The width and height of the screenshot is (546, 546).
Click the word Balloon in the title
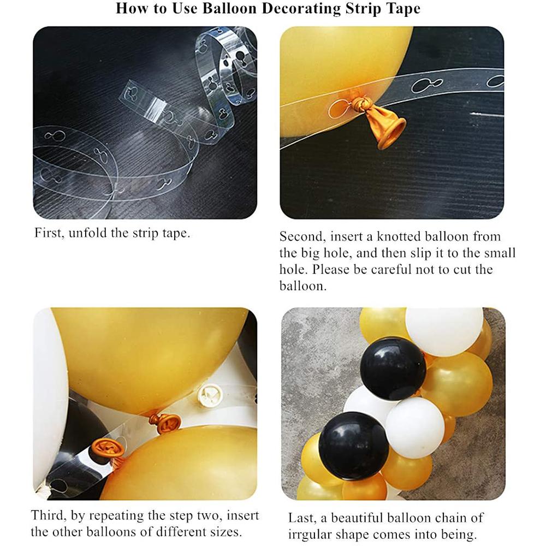tap(229, 8)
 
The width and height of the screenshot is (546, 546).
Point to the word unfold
tap(88, 233)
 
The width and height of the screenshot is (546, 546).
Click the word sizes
tap(225, 532)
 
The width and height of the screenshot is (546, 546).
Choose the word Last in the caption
tap(302, 518)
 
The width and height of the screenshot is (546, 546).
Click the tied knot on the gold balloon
tap(360, 103)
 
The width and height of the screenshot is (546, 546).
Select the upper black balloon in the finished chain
tap(393, 369)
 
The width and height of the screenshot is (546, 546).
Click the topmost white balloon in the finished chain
tap(444, 331)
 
